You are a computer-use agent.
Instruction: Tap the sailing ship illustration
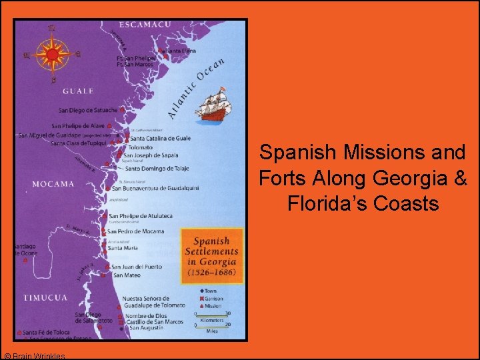[215, 105]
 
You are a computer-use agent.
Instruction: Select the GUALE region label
[78, 91]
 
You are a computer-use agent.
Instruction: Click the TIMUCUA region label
[45, 297]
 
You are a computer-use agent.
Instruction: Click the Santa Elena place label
[181, 51]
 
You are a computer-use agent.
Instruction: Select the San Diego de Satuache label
[88, 111]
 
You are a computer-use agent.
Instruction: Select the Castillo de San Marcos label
[156, 322]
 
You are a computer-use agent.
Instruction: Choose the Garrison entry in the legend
[214, 298]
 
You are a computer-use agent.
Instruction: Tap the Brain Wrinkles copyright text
[34, 356]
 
